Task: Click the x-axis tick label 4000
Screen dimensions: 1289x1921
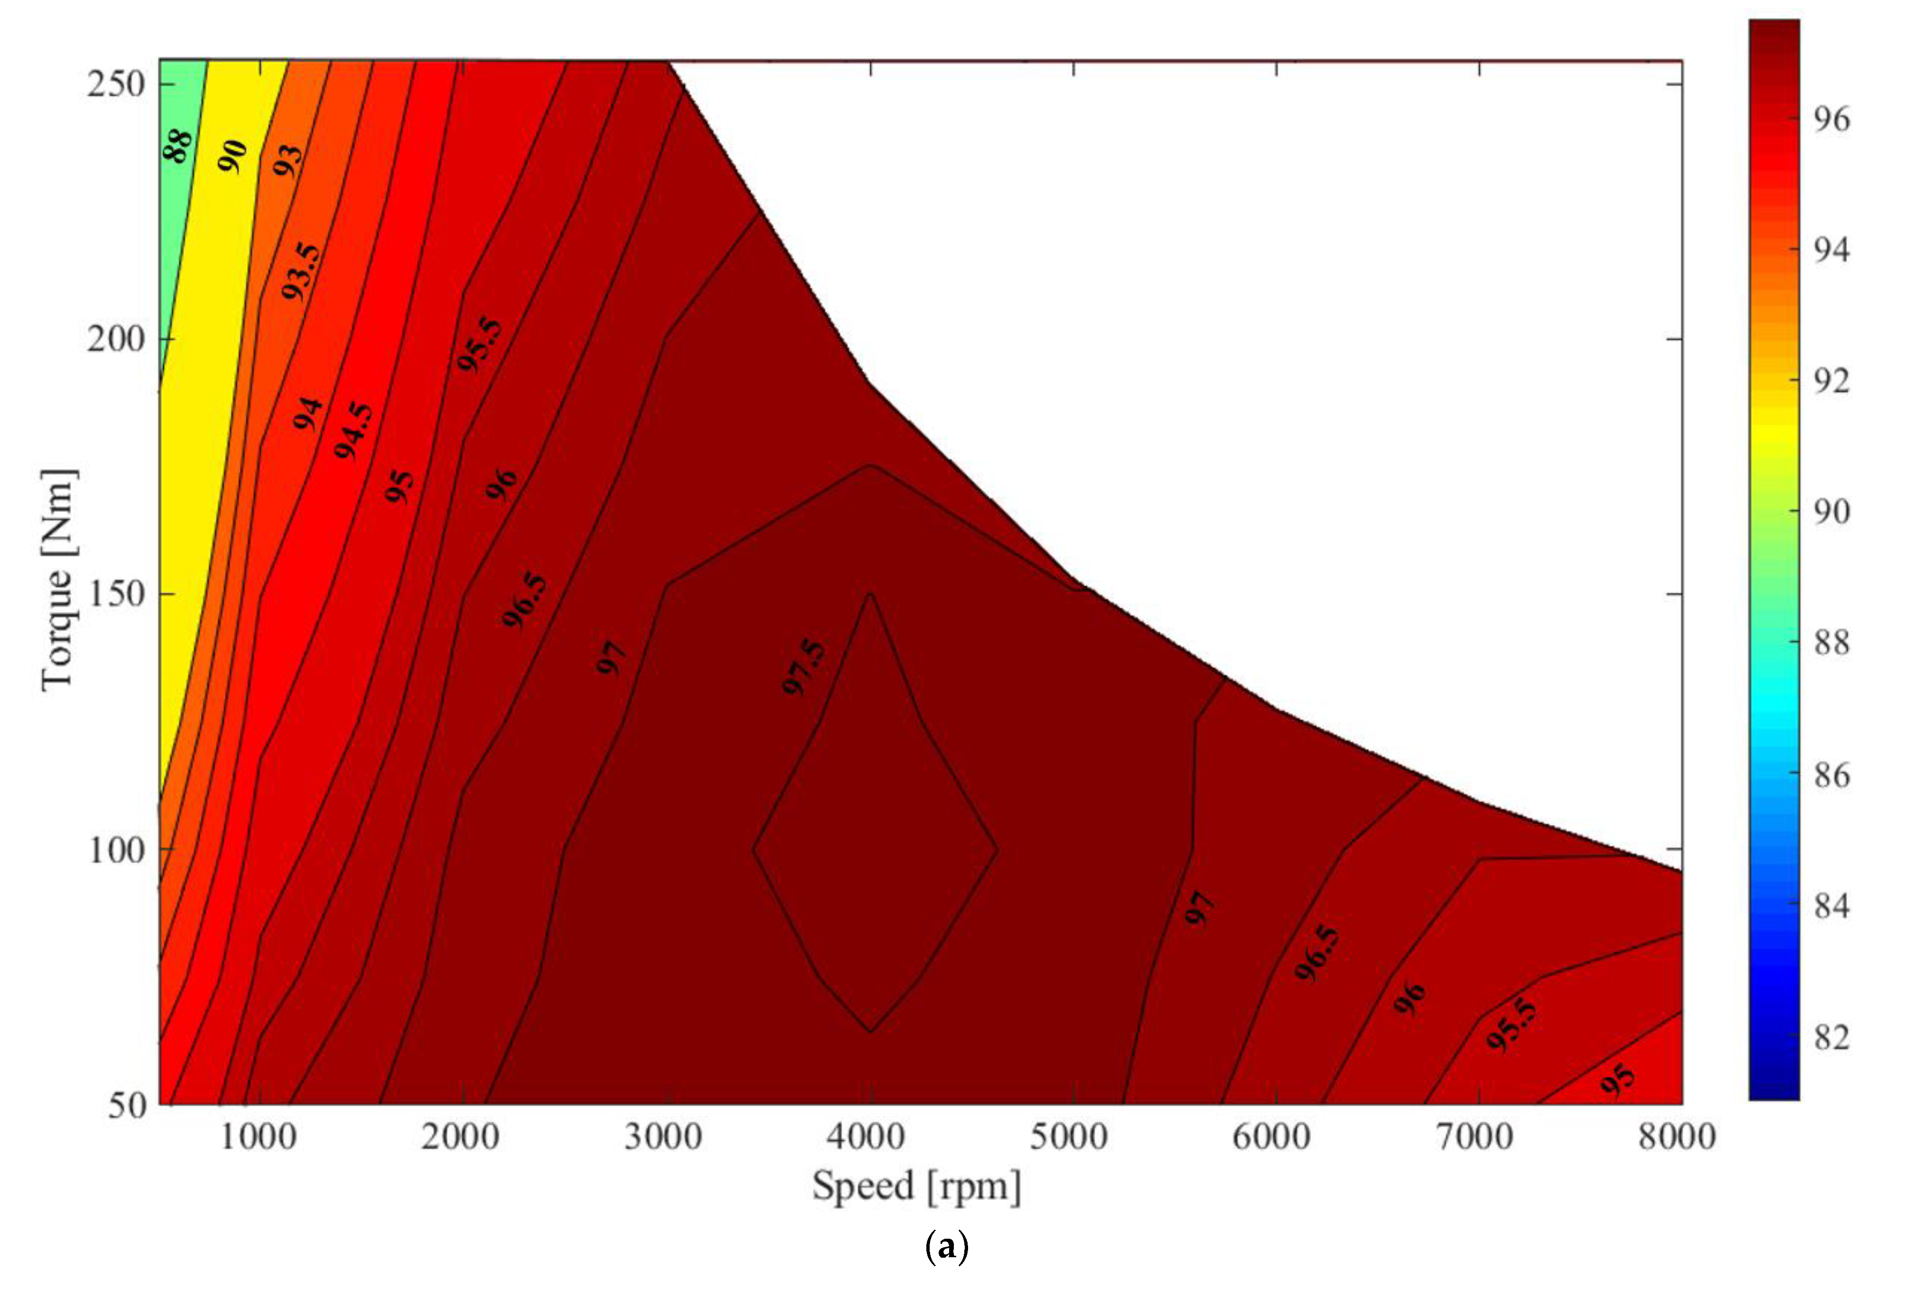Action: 866,1137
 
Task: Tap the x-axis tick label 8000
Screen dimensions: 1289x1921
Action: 1677,1137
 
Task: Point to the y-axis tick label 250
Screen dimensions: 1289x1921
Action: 116,84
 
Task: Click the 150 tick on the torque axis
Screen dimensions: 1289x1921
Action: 116,593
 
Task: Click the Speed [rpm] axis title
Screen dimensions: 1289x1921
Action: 916,1186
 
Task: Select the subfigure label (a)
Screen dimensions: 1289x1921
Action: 947,1248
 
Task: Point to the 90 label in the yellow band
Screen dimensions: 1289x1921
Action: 233,156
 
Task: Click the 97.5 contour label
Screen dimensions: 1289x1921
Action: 803,666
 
